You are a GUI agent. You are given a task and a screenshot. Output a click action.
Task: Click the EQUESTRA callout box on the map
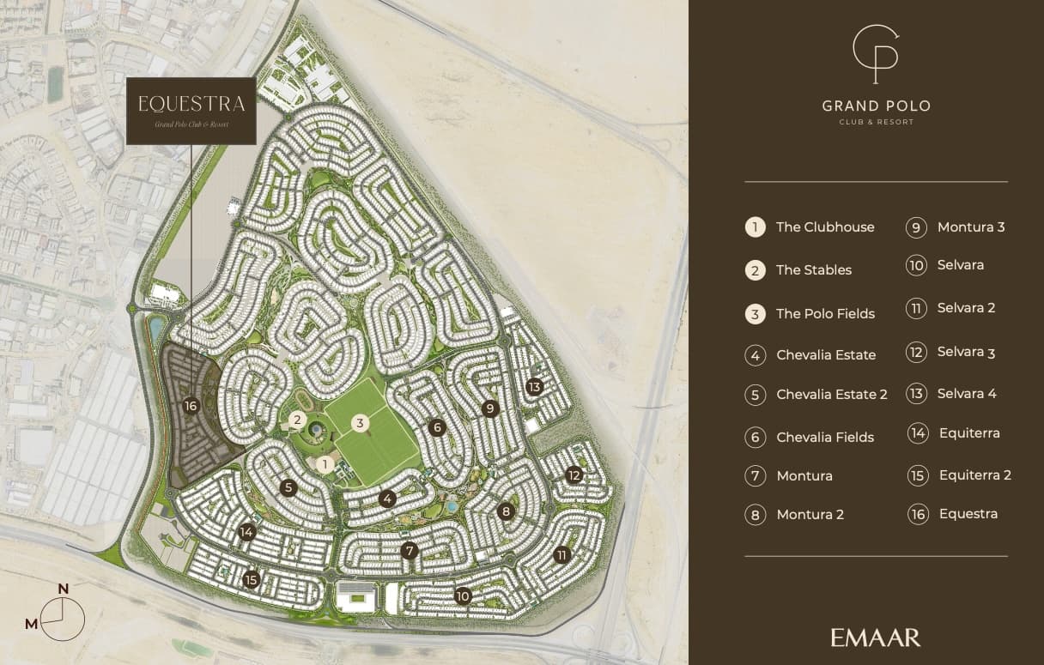click(191, 111)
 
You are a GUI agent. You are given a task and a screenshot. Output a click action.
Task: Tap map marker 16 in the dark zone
click(191, 406)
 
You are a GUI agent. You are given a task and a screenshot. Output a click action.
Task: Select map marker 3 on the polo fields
click(361, 422)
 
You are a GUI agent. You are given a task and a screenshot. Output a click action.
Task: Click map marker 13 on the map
click(535, 387)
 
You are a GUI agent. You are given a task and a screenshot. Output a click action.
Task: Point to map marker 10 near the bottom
click(464, 595)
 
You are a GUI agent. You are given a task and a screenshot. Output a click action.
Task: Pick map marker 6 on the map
click(437, 427)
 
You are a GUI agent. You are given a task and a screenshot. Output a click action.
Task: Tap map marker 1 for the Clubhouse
click(325, 464)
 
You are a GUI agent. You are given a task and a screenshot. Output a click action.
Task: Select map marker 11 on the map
click(562, 554)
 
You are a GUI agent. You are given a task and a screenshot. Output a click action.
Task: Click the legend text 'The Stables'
click(813, 270)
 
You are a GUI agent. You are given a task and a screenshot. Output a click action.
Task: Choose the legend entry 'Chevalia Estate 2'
click(831, 395)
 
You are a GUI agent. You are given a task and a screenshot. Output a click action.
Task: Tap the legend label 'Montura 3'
click(970, 227)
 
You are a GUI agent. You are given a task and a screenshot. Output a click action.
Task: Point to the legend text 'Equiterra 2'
click(974, 475)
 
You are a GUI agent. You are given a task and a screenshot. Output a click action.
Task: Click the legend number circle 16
click(918, 514)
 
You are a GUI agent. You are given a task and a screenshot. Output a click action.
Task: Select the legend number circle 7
click(755, 476)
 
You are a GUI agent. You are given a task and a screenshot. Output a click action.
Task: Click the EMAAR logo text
click(875, 638)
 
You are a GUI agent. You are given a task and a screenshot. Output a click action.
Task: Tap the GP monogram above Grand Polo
click(876, 54)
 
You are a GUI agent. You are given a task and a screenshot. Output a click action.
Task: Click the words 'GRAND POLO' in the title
click(876, 106)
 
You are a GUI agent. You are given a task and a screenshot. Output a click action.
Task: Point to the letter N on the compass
click(63, 589)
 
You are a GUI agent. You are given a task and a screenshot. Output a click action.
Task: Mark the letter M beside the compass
click(31, 624)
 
